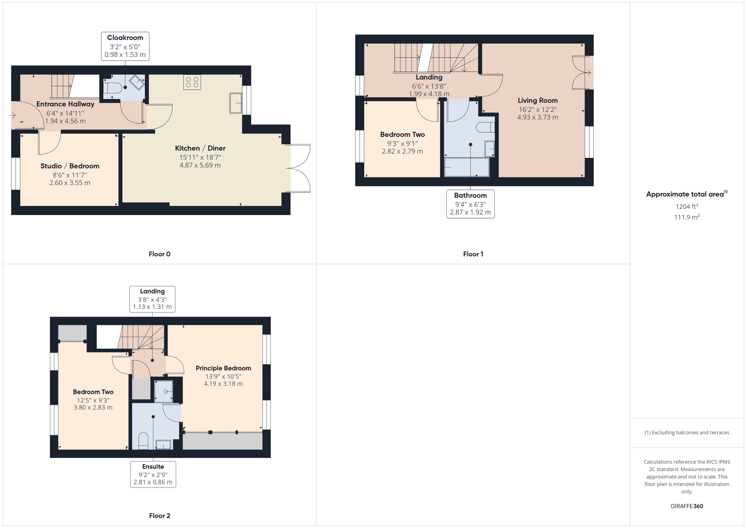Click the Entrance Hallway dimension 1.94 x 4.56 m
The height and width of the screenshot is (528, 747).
(x=65, y=121)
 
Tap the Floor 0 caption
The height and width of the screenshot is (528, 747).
(x=159, y=254)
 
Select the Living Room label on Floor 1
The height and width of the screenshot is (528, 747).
(x=537, y=100)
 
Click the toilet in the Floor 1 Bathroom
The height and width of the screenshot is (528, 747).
(x=486, y=127)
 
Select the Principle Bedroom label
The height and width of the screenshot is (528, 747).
(x=223, y=368)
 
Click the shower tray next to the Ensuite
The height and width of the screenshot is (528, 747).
(x=163, y=391)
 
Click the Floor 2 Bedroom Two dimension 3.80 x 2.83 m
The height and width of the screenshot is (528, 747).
(x=93, y=407)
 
